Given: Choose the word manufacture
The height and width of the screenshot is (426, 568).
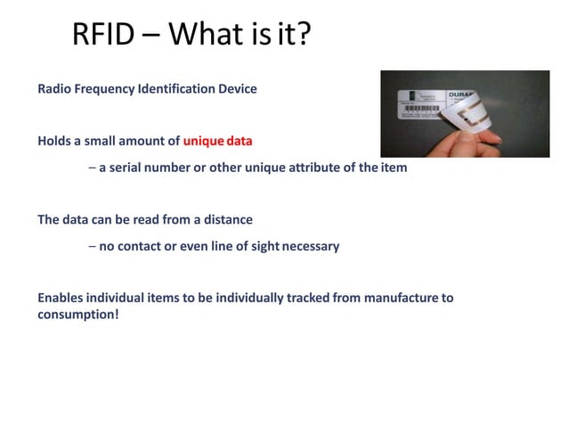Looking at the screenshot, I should (398, 298).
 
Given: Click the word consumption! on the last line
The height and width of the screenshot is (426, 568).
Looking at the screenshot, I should (77, 315).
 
